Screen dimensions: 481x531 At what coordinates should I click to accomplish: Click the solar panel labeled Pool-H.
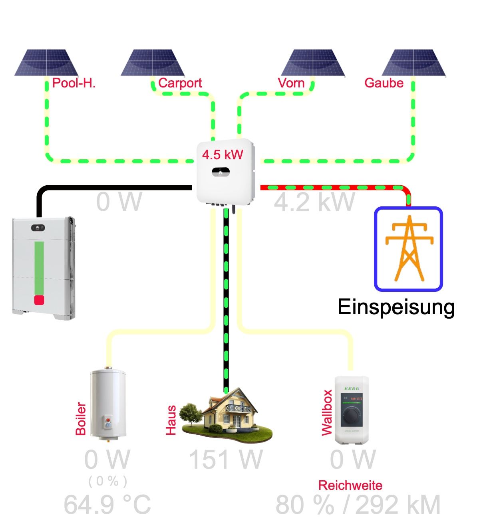point(46,63)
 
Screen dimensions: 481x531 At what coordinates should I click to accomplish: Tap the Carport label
point(180,83)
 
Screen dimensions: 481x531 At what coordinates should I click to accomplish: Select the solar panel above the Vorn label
point(313,63)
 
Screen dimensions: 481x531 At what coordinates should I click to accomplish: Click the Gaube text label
point(384,83)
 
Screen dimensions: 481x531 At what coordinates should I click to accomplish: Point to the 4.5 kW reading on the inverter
point(223,155)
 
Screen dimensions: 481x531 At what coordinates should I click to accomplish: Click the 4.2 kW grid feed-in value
point(314,202)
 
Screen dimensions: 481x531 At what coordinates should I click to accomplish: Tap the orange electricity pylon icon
point(409,248)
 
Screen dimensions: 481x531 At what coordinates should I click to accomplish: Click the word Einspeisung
point(396,307)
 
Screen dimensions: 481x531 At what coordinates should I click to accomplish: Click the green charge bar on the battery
point(39,267)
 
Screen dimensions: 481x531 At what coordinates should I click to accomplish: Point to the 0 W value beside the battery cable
point(119,202)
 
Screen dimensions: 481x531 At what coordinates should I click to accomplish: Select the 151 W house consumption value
point(226,460)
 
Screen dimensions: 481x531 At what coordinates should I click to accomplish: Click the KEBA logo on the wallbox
point(352,389)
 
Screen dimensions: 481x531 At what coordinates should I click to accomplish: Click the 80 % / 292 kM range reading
point(358,505)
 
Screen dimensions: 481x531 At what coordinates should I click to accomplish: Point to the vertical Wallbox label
point(327,413)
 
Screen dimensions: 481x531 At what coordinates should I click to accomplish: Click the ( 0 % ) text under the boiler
point(108,481)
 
